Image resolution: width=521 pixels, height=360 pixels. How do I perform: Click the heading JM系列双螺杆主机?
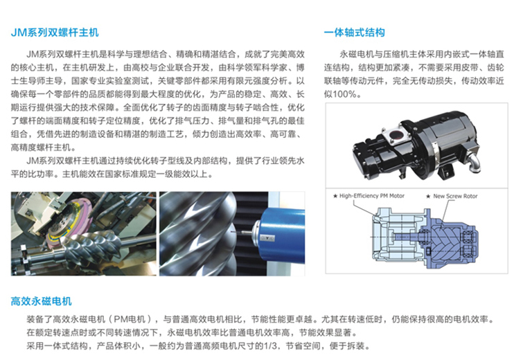pos(55,33)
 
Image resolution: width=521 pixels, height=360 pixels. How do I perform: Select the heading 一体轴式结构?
pos(354,33)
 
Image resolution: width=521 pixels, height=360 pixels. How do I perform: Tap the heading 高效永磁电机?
pos(41,301)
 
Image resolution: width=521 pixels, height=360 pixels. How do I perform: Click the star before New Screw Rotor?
pos(428,197)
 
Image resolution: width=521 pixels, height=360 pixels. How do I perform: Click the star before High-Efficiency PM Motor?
pos(335,196)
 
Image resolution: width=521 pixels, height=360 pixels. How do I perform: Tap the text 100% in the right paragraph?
pos(344,94)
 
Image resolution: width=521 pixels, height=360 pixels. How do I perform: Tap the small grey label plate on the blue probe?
pos(267,237)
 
